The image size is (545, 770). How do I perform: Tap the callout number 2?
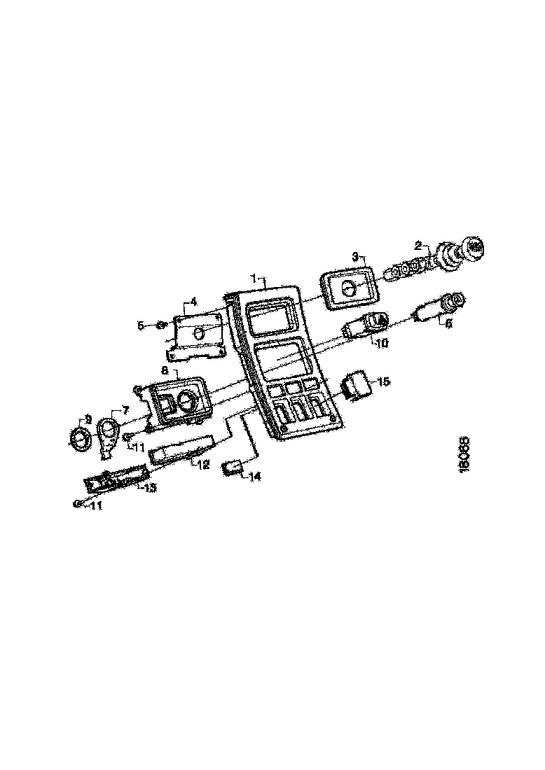[x=418, y=246]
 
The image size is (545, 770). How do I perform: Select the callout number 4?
[x=193, y=302]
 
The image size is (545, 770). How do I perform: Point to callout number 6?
[x=448, y=323]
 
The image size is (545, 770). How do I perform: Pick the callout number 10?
[x=382, y=343]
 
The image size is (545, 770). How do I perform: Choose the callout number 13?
[x=150, y=487]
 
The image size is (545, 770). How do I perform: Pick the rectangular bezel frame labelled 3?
[x=348, y=287]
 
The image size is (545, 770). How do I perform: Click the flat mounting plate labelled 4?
[x=199, y=335]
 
